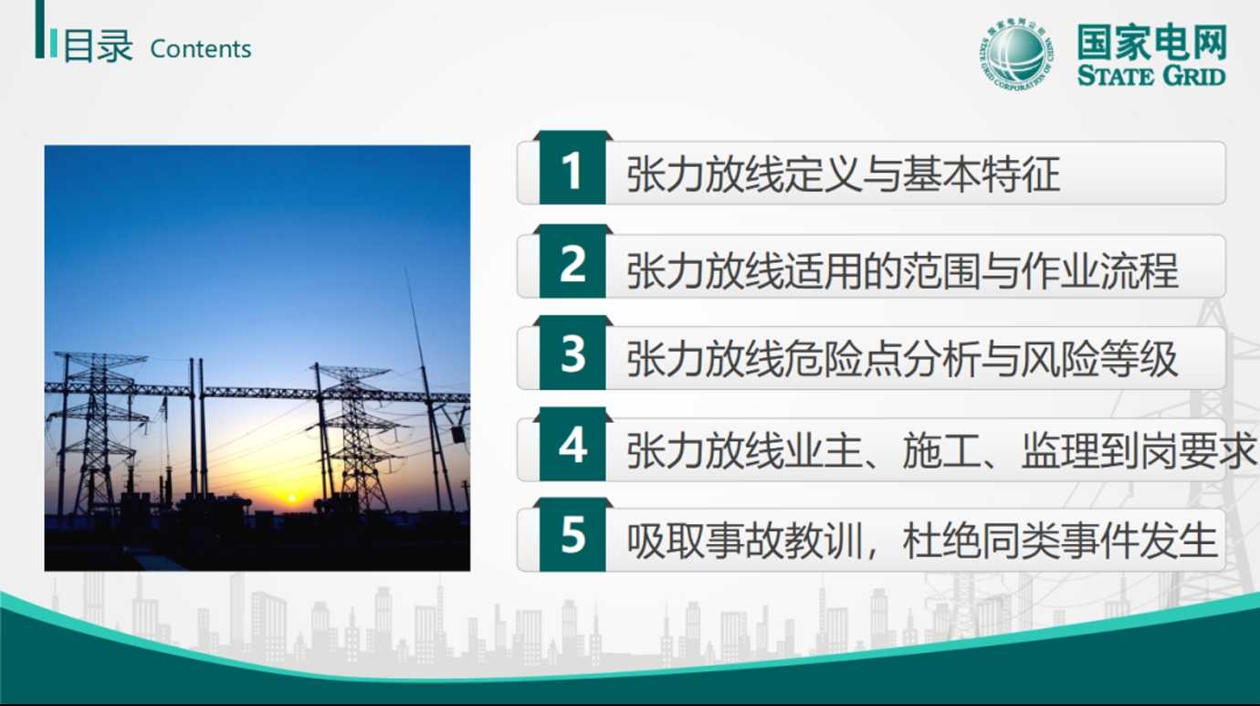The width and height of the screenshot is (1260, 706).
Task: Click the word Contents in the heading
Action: click(x=201, y=49)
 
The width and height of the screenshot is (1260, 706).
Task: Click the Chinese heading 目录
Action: click(x=98, y=47)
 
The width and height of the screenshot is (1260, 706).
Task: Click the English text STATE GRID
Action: click(x=1150, y=76)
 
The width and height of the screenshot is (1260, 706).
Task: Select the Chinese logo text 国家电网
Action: click(x=1151, y=42)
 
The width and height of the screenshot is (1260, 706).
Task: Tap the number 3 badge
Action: click(x=572, y=353)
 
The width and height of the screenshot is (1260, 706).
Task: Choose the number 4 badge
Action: click(x=572, y=445)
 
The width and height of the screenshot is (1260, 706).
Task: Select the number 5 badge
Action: click(x=572, y=535)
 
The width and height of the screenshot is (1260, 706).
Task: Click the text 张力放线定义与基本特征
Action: click(x=843, y=174)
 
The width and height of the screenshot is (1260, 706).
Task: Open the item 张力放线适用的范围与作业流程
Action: click(x=902, y=270)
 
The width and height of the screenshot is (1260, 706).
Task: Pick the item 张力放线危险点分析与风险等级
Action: click(x=902, y=360)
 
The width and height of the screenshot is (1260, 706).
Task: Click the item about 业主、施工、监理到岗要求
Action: click(x=941, y=450)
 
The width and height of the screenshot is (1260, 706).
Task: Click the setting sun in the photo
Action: click(x=292, y=498)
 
